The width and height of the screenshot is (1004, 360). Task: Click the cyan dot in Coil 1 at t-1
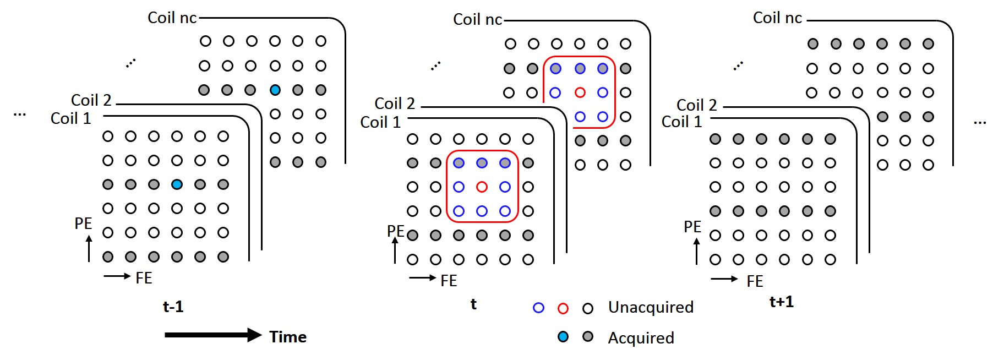[177, 184]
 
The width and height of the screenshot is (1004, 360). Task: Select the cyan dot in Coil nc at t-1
[275, 90]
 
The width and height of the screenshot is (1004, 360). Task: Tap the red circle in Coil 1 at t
[482, 187]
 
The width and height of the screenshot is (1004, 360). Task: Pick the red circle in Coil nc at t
[580, 92]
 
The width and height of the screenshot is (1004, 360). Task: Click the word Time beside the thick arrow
[288, 337]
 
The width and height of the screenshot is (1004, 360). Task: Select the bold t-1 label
[173, 307]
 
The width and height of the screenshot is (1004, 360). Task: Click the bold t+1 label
[781, 302]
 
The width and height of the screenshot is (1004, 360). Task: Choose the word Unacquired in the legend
[651, 307]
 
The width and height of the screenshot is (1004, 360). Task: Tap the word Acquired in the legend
[641, 338]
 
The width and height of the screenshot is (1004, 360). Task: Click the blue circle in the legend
[538, 308]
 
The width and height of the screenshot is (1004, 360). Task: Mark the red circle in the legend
[563, 308]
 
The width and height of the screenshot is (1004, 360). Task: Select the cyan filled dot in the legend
[563, 337]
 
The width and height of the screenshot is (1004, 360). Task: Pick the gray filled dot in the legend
[588, 337]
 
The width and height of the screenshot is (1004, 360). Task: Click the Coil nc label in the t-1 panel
[172, 18]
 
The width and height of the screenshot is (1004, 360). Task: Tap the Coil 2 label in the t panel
[394, 103]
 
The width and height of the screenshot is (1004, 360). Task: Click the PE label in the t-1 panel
[83, 223]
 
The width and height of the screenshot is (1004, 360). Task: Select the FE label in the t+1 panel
[755, 281]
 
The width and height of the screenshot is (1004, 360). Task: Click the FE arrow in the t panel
[422, 278]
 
